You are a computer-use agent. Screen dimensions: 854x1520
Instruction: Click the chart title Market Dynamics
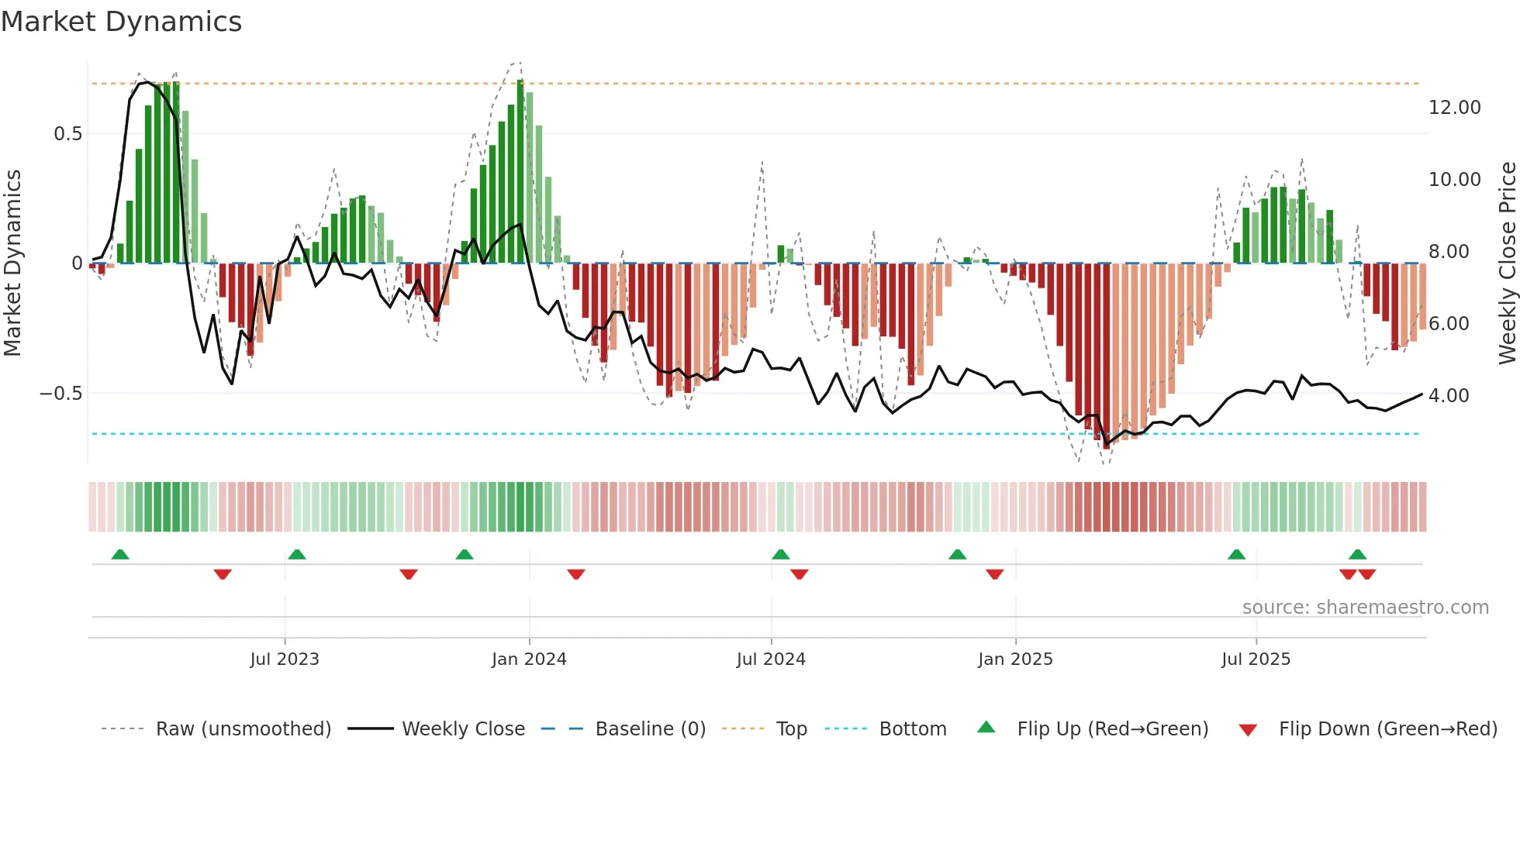(122, 22)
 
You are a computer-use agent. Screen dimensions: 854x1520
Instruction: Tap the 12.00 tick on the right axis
(1454, 108)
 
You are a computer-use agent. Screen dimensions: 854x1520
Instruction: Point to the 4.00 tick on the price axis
(1449, 396)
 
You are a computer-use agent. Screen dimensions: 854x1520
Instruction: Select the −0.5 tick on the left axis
(60, 394)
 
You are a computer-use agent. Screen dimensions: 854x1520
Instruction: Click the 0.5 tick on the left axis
(67, 134)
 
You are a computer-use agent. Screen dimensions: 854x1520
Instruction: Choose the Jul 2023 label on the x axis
(285, 659)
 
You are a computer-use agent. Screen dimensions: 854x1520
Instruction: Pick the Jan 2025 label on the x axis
(1015, 659)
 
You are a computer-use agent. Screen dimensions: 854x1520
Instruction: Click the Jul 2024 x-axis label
(771, 659)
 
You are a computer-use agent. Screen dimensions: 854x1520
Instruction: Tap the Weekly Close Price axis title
(1507, 263)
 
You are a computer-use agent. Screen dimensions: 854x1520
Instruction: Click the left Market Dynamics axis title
(12, 263)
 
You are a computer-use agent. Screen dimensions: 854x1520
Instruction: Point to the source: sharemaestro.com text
(1365, 608)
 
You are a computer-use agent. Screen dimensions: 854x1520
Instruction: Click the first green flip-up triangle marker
(120, 555)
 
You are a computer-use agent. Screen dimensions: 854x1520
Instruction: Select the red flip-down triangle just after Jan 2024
(576, 574)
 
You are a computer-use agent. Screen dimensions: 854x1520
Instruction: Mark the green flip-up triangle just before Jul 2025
(1237, 555)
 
